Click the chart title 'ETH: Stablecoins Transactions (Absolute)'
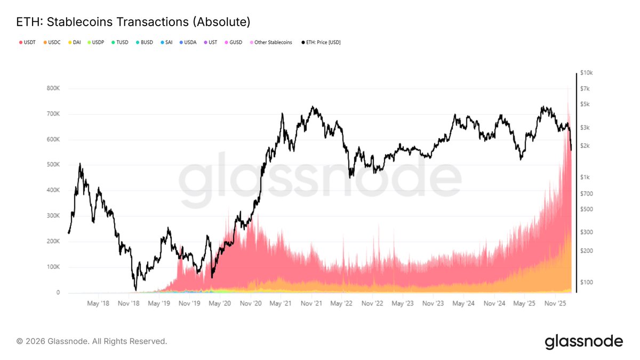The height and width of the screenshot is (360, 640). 133,22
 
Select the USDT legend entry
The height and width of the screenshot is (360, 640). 27,42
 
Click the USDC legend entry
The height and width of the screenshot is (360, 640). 52,42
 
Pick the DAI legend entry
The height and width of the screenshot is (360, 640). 76,42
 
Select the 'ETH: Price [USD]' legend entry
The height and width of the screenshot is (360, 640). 321,42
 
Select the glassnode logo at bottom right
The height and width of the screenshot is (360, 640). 583,341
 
